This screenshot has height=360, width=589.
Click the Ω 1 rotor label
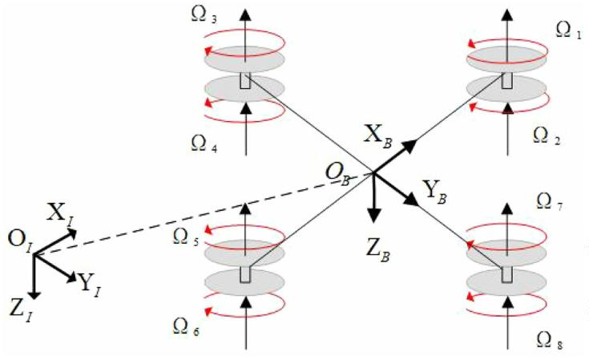coord(568,30)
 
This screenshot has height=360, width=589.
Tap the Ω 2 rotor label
coord(547,136)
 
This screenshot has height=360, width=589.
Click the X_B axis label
coord(378,136)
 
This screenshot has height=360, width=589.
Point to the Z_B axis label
coord(378,250)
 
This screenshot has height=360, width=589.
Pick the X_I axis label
coord(60,214)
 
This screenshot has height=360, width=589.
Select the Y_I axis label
coord(89,284)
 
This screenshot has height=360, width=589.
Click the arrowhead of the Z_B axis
coord(373,216)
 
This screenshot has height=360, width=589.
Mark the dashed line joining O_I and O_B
coord(204,214)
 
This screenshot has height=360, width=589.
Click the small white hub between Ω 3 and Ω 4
coord(245,81)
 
